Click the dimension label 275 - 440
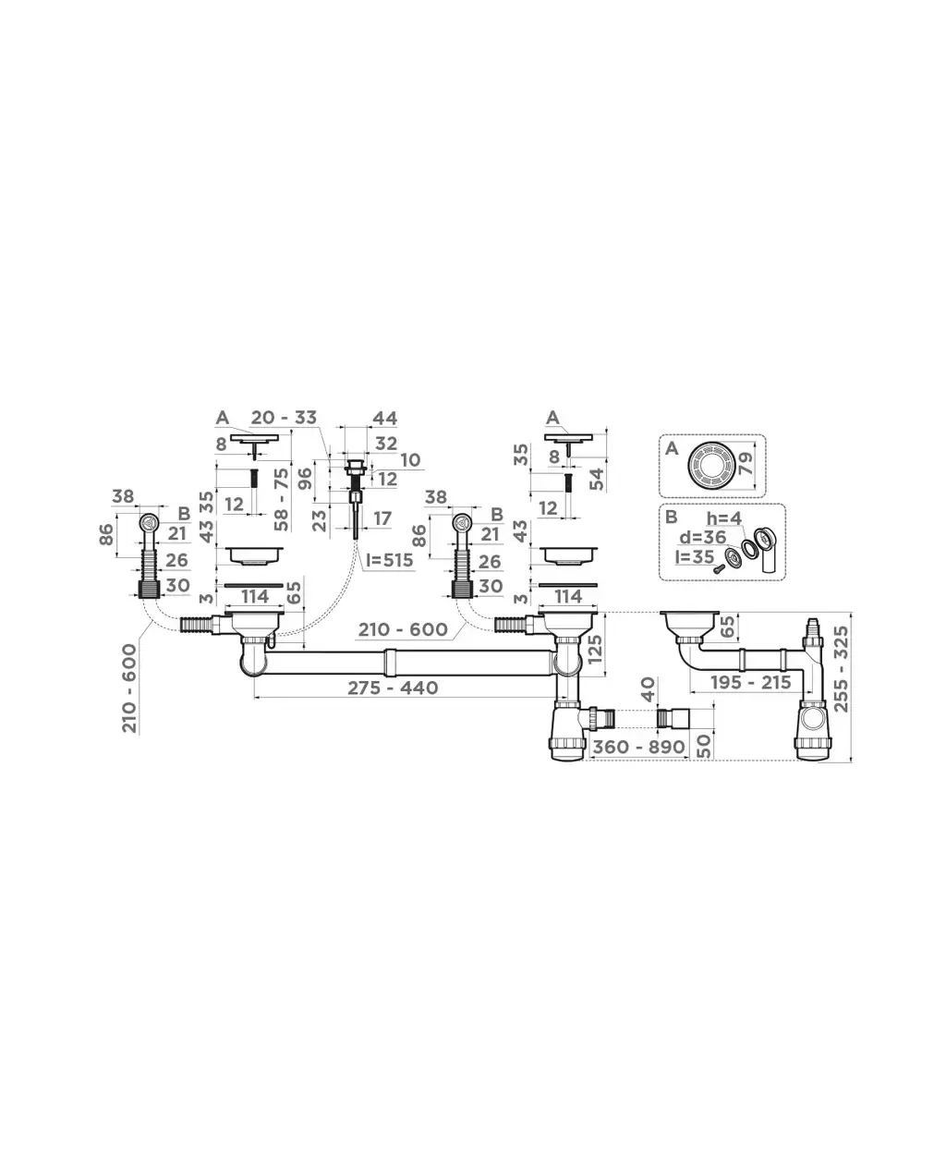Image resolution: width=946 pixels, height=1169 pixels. (x=393, y=688)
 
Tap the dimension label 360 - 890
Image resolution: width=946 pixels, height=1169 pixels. (x=638, y=747)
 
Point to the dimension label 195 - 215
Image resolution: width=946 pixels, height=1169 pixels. (x=751, y=683)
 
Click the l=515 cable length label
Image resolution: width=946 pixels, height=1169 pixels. (x=390, y=560)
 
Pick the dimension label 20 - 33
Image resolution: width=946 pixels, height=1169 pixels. (x=284, y=418)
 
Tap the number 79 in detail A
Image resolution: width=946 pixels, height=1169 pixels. (x=746, y=464)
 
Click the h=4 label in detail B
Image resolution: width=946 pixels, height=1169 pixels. (x=723, y=518)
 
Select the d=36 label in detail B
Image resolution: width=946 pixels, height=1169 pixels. (x=703, y=537)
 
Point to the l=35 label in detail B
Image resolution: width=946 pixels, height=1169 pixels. (x=695, y=557)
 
